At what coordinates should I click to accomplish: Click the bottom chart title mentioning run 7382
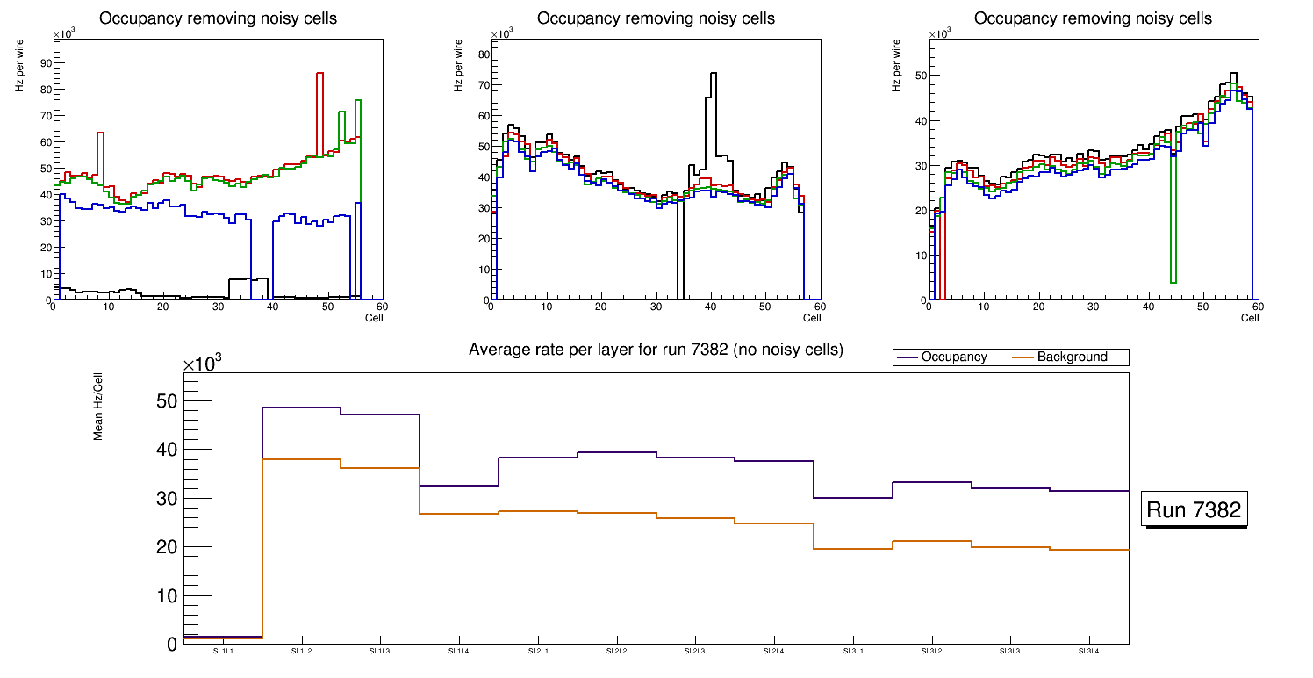(656, 350)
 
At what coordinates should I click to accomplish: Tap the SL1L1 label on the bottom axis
(223, 651)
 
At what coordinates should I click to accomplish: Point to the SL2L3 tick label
(695, 651)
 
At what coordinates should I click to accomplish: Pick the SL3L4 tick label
(1089, 651)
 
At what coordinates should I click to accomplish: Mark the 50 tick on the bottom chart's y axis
(166, 401)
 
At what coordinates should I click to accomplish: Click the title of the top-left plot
(219, 18)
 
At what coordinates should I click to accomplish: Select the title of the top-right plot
(1093, 18)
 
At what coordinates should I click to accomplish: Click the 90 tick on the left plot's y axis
(45, 62)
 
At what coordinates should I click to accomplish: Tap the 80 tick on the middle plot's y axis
(483, 54)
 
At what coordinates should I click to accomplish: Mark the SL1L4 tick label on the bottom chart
(459, 651)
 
